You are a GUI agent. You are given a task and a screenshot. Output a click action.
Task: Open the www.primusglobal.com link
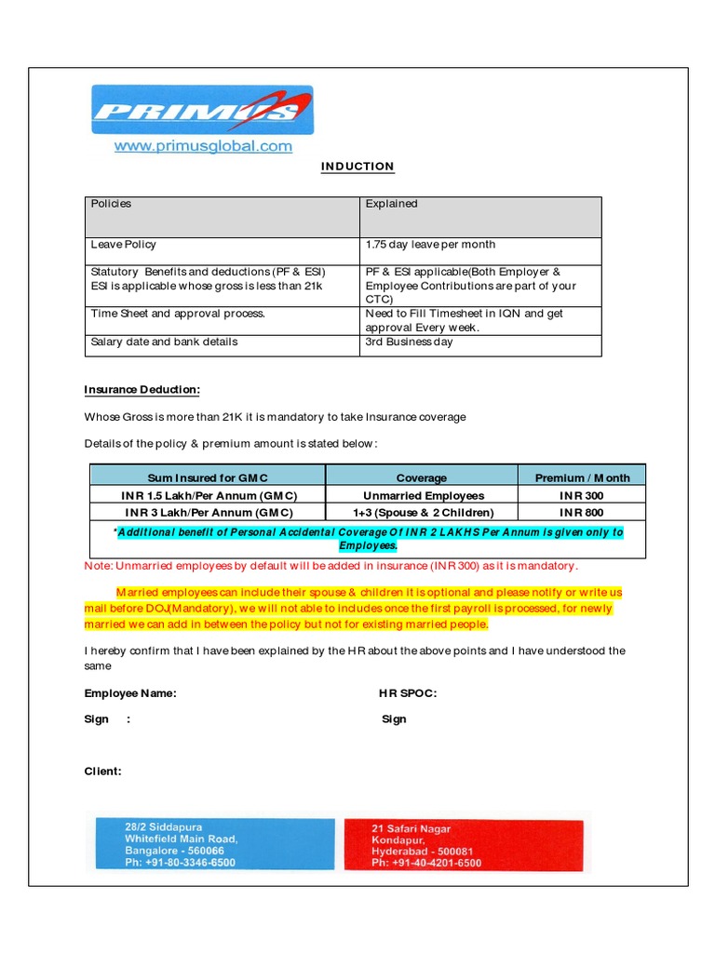click(x=203, y=146)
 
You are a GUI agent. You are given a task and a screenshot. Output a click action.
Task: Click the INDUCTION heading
click(x=357, y=167)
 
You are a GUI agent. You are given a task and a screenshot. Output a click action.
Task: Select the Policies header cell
click(x=223, y=216)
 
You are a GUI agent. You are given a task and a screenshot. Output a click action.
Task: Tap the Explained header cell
click(x=480, y=216)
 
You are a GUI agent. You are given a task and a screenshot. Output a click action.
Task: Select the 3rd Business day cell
click(x=480, y=342)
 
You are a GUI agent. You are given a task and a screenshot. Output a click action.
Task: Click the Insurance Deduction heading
click(x=142, y=390)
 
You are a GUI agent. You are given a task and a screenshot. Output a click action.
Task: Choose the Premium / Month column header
click(x=582, y=477)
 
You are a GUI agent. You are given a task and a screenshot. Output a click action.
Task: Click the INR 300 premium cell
click(x=582, y=495)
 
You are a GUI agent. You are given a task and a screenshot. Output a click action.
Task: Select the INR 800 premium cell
click(x=582, y=513)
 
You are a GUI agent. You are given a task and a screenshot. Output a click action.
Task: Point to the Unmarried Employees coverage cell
click(x=421, y=495)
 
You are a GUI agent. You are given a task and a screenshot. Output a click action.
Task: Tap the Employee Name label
click(x=130, y=693)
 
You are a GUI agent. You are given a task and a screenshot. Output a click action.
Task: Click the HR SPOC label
click(x=407, y=693)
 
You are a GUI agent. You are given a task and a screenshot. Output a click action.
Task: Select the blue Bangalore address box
click(x=210, y=844)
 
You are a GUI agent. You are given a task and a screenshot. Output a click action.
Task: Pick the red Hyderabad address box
click(x=463, y=845)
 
